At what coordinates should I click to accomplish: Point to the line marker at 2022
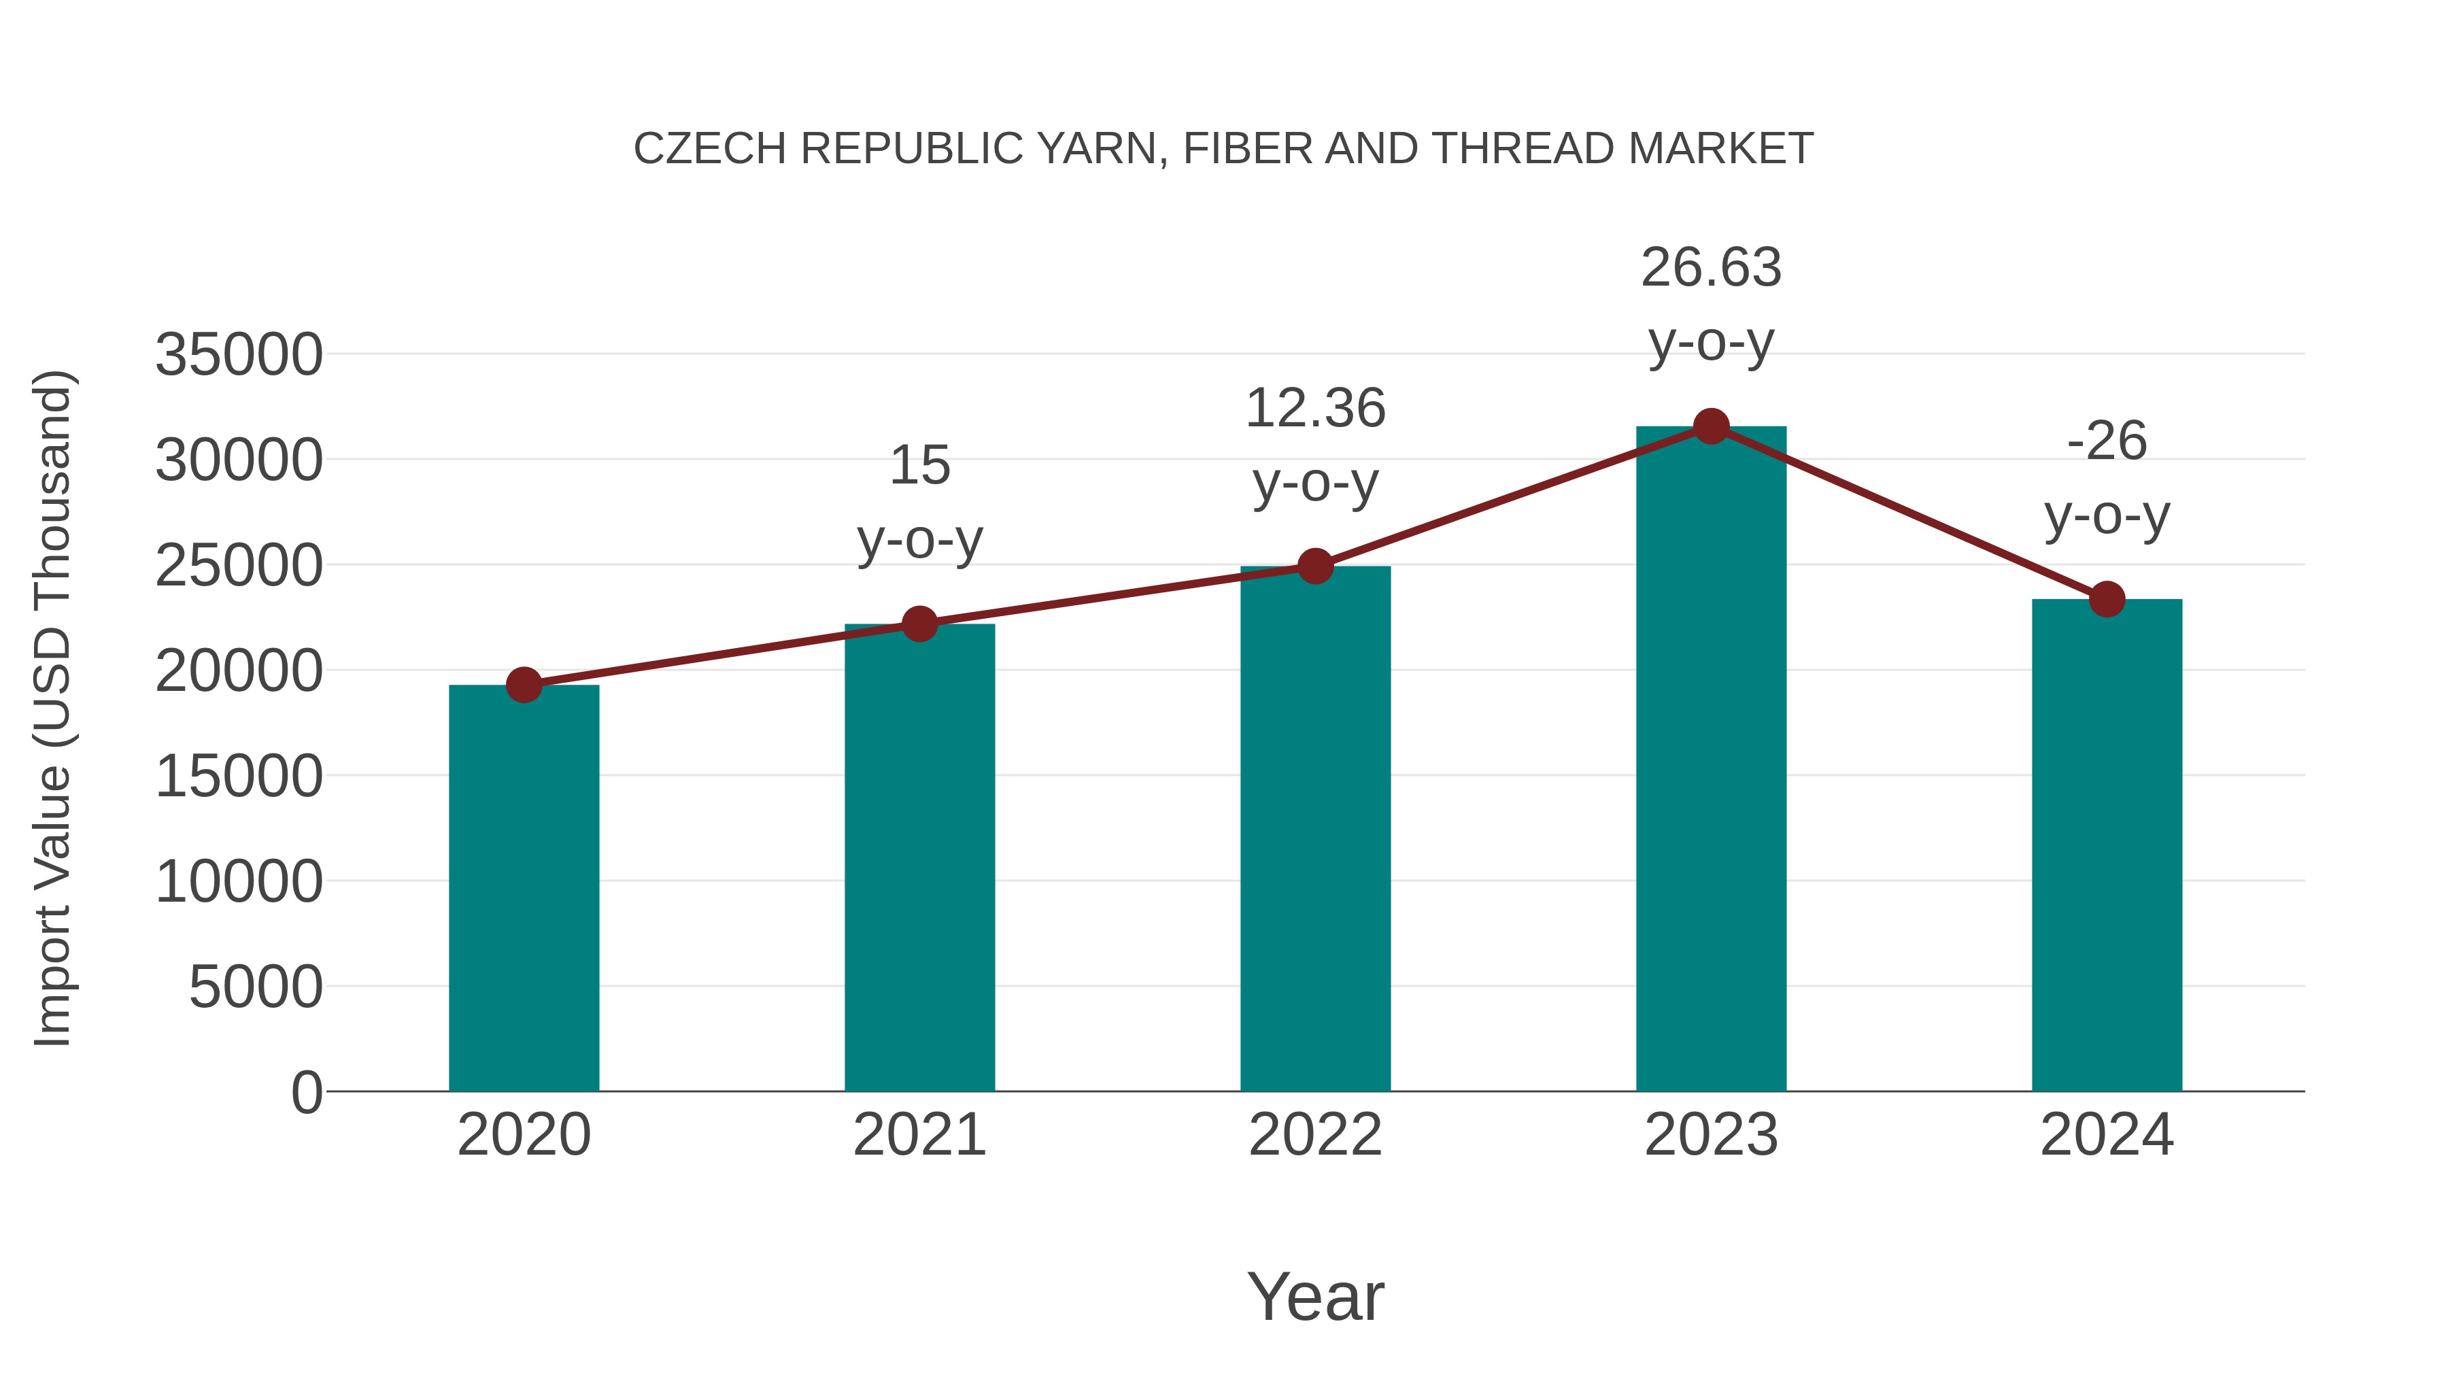click(x=1315, y=566)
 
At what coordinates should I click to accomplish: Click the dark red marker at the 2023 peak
click(x=1711, y=426)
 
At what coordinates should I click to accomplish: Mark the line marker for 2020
click(x=524, y=684)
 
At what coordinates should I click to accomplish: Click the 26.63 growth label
click(x=1711, y=268)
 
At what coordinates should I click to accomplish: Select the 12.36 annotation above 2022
click(x=1315, y=409)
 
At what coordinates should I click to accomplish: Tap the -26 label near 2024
click(x=2107, y=441)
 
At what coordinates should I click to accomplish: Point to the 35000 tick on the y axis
click(x=239, y=356)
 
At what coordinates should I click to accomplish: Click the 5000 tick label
click(x=256, y=987)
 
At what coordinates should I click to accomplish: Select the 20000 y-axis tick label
click(x=239, y=672)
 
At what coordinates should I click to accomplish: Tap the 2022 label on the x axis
click(x=1315, y=1135)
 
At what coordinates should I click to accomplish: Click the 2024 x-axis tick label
click(x=2107, y=1135)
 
